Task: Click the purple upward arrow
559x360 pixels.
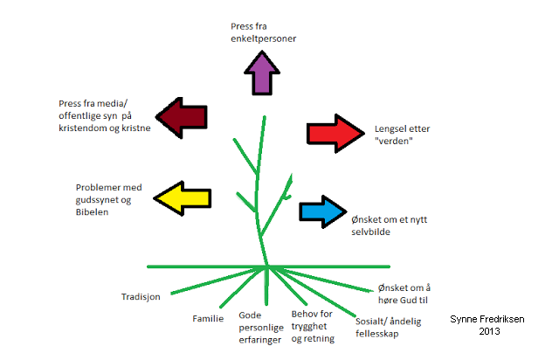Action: coord(261,73)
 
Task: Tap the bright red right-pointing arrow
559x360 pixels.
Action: coord(335,133)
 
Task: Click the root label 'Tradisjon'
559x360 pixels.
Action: coord(141,297)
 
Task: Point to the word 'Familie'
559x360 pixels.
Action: coord(209,319)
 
